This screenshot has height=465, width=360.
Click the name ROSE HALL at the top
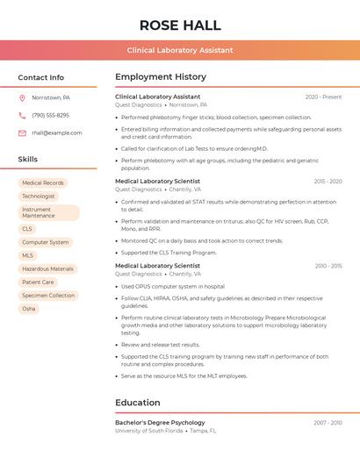(180, 25)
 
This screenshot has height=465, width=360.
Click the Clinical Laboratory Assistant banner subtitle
(180, 50)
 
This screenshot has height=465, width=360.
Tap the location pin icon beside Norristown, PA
(22, 97)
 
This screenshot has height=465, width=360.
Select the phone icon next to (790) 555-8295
(22, 115)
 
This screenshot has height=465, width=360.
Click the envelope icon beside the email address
(22, 132)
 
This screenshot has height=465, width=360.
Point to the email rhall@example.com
(57, 132)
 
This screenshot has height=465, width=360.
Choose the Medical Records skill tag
(43, 182)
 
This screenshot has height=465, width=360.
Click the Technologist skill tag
(39, 196)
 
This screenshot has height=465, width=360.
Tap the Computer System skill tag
(46, 242)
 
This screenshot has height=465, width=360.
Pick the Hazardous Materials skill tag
(47, 268)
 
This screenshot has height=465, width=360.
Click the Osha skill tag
(29, 309)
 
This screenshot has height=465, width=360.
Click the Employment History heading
(161, 76)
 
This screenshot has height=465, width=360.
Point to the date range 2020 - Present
(323, 97)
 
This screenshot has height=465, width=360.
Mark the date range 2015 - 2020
(327, 182)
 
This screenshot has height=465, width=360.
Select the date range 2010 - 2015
(328, 266)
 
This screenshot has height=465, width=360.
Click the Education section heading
(138, 403)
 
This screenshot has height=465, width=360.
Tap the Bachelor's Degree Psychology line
(160, 423)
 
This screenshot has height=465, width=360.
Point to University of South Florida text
(149, 431)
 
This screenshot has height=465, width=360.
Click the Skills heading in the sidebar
(28, 159)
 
